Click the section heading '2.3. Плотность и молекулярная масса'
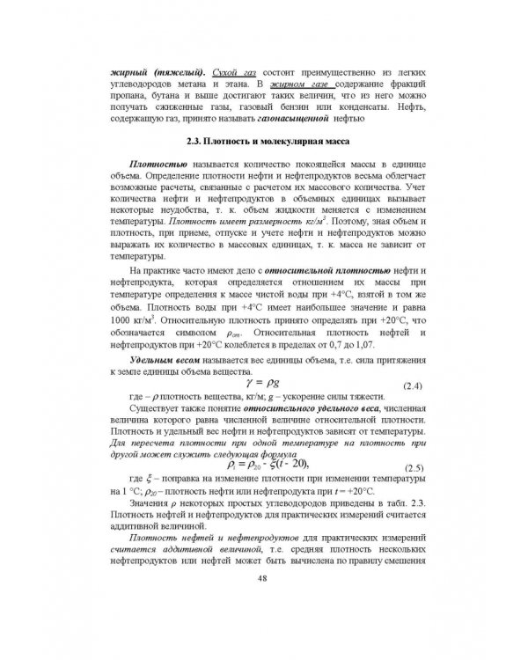[263, 142]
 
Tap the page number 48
[263, 603]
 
